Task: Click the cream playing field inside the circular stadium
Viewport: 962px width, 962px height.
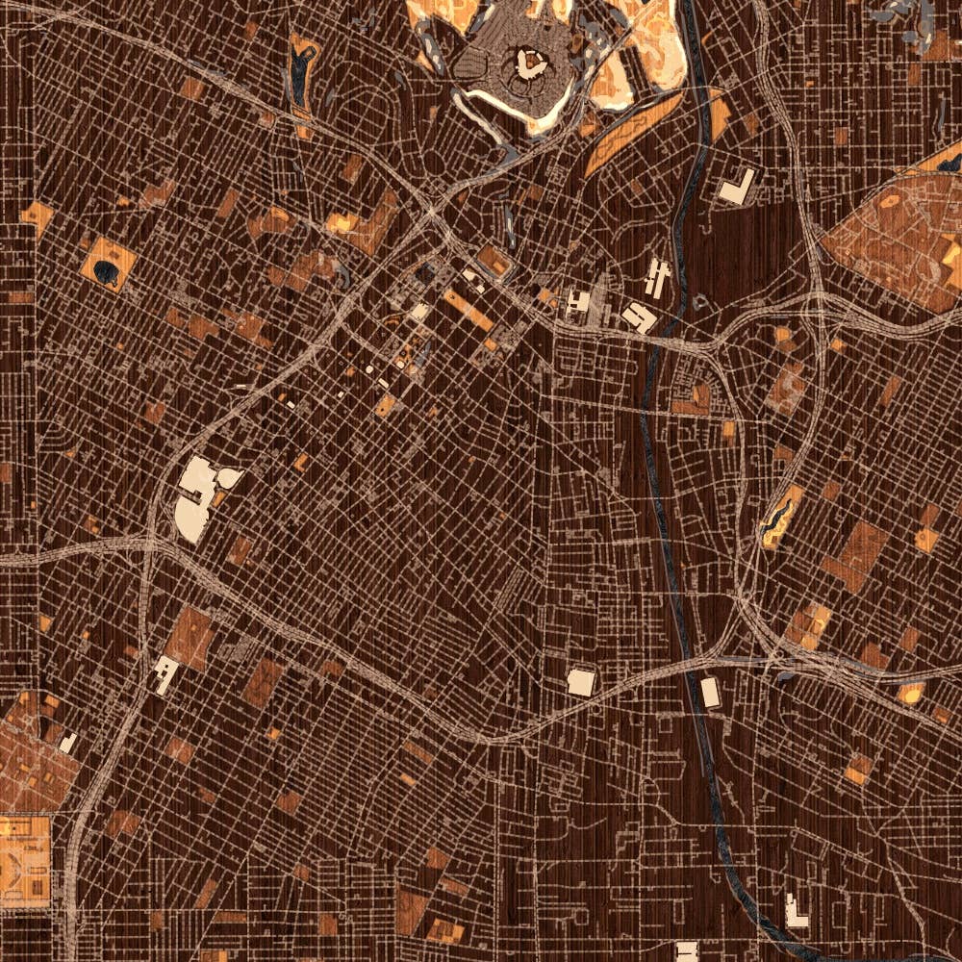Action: (528, 63)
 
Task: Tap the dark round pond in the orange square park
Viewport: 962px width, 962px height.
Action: (109, 272)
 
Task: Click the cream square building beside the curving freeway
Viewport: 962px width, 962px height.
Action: (580, 681)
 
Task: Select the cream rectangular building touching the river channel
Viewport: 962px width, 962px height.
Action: (710, 692)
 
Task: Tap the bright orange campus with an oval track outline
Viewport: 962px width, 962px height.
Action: (21, 851)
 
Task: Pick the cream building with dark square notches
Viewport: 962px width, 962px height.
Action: (578, 302)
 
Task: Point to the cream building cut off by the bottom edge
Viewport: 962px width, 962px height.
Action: (686, 951)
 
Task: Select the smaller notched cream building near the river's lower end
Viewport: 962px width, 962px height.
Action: (796, 911)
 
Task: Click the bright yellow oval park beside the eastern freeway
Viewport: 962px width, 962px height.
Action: (909, 692)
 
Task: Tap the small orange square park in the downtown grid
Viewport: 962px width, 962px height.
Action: (385, 405)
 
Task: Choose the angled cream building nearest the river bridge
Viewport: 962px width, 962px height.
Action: (637, 316)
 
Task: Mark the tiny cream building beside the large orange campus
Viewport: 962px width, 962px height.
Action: (67, 743)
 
